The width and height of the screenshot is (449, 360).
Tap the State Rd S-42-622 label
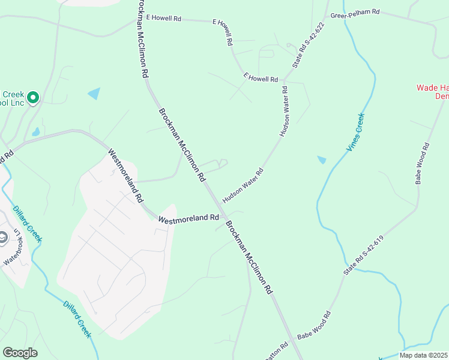pos(308,47)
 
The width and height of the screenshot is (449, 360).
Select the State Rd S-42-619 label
pos(363,256)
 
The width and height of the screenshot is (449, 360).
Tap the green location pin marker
pos(33,97)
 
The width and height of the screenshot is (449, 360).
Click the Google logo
pos(20,353)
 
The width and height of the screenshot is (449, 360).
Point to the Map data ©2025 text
pos(423,355)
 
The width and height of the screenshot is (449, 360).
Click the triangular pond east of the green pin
pos(94,94)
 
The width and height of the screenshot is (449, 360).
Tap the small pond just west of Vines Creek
pos(322,160)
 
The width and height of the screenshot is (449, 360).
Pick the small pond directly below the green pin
pos(36,132)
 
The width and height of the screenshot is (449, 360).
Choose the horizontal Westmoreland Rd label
pos(188,219)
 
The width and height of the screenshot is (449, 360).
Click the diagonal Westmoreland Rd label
pos(125,175)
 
